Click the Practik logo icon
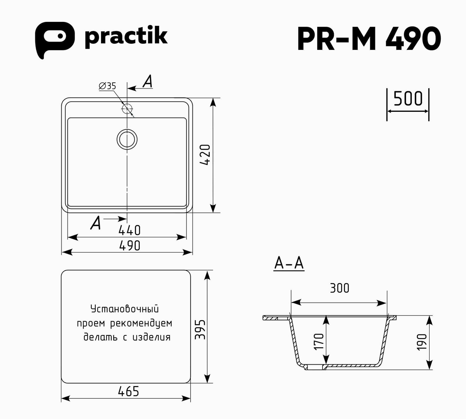(54, 39)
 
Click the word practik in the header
(126, 37)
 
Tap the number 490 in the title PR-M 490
(413, 39)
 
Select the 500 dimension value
(408, 98)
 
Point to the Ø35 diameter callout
(107, 86)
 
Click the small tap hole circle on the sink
(127, 109)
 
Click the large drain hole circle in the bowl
(127, 139)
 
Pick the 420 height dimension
(206, 155)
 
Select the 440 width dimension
(130, 230)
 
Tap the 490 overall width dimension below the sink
(130, 246)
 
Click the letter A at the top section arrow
(148, 82)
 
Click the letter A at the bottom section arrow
(96, 223)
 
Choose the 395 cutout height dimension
(200, 329)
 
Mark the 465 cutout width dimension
(128, 392)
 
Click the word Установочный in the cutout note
(125, 309)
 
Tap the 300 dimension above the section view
(340, 288)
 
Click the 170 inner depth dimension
(319, 342)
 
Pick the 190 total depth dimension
(422, 342)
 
